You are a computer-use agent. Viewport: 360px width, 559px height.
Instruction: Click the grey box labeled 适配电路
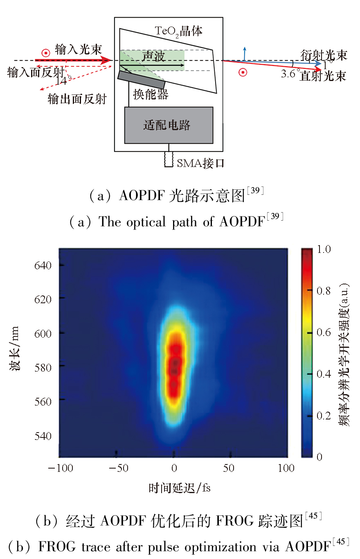tap(169, 125)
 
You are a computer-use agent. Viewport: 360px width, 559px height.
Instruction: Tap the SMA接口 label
tap(200, 163)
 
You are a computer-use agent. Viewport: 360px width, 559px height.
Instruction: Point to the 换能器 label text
tap(151, 95)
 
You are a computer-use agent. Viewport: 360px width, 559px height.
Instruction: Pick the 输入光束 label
tap(78, 50)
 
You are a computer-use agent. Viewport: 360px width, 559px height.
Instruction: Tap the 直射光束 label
tap(323, 76)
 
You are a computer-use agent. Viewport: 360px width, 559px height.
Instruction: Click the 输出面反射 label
tap(77, 99)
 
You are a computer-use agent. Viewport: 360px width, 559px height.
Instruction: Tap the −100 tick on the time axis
tap(60, 468)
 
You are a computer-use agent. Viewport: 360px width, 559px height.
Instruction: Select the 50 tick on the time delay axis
tap(229, 468)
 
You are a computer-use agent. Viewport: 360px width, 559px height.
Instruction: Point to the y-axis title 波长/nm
tap(15, 352)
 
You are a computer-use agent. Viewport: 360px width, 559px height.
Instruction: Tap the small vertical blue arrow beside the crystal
tap(245, 53)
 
